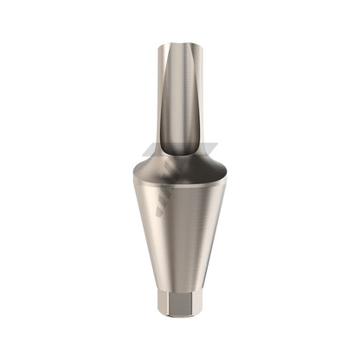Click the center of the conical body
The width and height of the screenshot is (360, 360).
tap(179, 225)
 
